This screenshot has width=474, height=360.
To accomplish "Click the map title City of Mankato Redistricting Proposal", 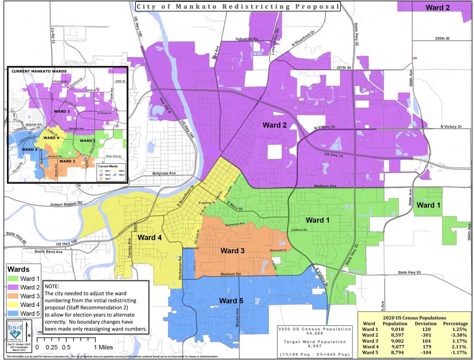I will pyautogui.click(x=238, y=6).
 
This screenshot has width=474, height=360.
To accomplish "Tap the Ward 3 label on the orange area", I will pyautogui.click(x=232, y=251).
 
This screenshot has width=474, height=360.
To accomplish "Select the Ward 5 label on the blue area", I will pyautogui.click(x=231, y=301).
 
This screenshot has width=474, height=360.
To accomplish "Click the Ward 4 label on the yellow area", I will pyautogui.click(x=149, y=237).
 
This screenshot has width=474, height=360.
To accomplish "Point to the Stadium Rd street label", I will pyautogui.click(x=230, y=274).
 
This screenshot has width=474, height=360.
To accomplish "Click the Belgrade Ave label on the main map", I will pyautogui.click(x=164, y=173).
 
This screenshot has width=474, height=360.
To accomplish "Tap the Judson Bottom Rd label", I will pyautogui.click(x=66, y=204).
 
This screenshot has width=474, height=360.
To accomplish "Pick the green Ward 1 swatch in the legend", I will pyautogui.click(x=13, y=278).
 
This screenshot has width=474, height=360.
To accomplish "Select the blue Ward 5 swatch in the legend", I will pyautogui.click(x=13, y=313).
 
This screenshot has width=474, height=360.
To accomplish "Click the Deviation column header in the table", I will pyautogui.click(x=426, y=324).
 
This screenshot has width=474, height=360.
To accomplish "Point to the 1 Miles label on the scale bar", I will pyautogui.click(x=102, y=347).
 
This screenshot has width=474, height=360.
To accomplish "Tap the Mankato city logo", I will pyautogui.click(x=15, y=332).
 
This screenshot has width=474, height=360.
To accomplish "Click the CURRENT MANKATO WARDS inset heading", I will pyautogui.click(x=39, y=71).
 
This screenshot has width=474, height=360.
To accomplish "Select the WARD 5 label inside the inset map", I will pyautogui.click(x=30, y=149).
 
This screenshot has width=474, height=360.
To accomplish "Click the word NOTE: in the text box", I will pyautogui.click(x=52, y=287).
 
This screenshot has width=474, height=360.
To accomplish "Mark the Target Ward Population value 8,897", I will pyautogui.click(x=315, y=346).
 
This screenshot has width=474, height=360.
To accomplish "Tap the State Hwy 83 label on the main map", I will pyautogui.click(x=409, y=272).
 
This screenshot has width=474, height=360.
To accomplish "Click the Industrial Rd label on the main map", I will pyautogui.click(x=246, y=39).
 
